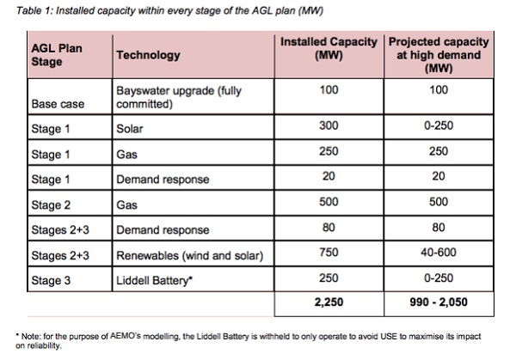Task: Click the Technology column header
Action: (148, 56)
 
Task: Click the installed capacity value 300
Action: (329, 126)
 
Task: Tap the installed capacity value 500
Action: (329, 202)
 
